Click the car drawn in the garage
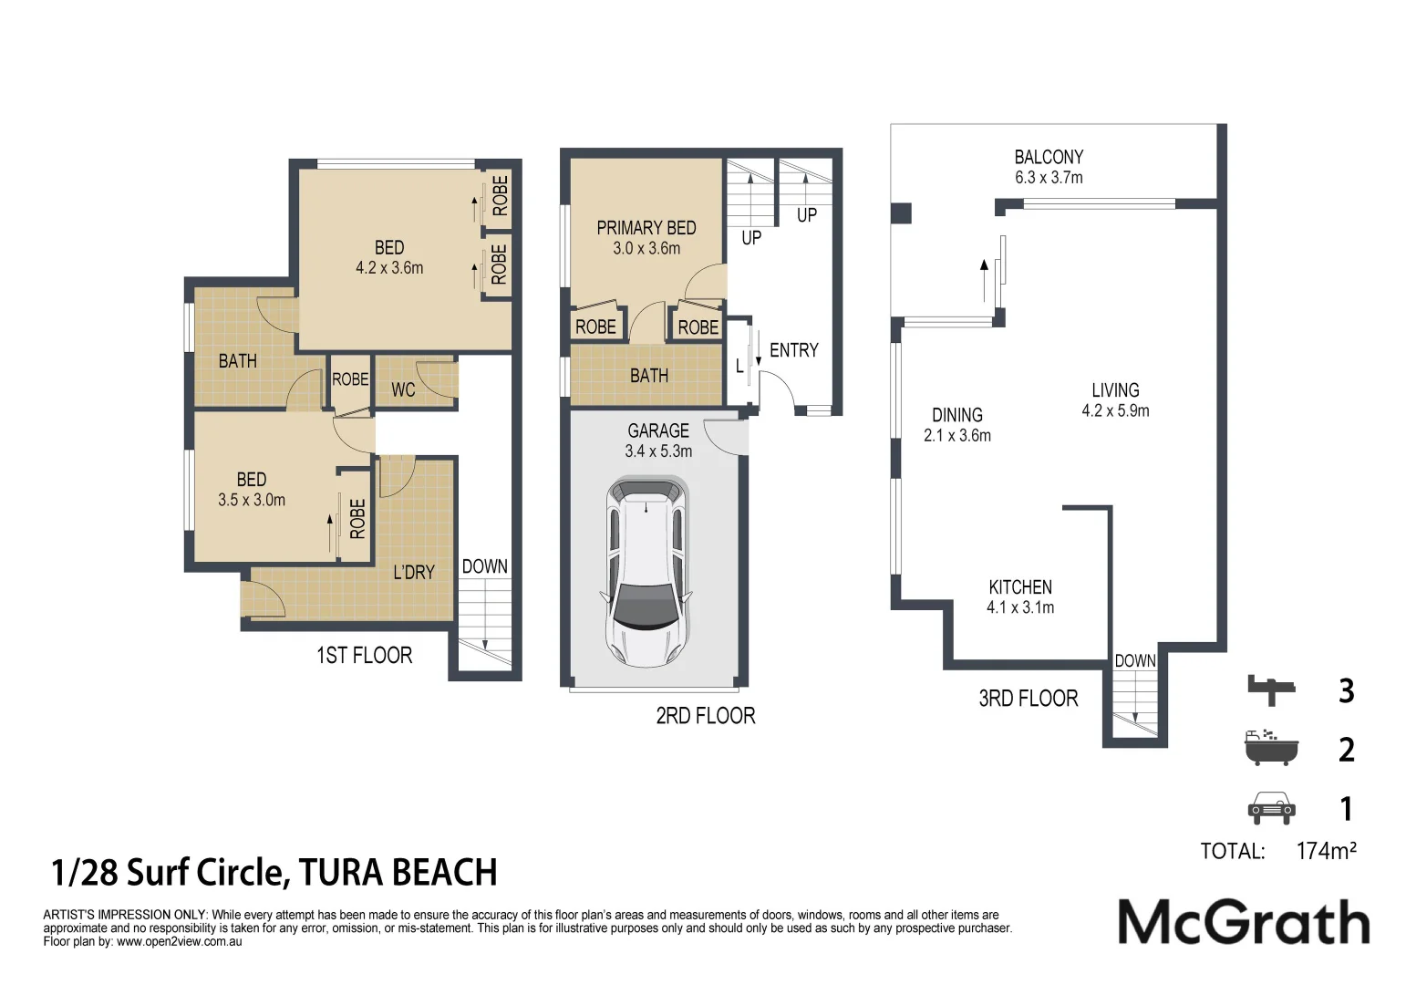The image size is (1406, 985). [x=646, y=572]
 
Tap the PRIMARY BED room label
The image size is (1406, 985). [x=646, y=237]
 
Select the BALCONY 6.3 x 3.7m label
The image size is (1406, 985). [x=1049, y=167]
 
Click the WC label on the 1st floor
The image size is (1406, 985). [x=403, y=390]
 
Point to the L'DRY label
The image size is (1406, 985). [x=414, y=573]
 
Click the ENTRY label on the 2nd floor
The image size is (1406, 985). [x=793, y=350]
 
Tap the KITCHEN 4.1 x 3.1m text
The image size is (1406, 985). [x=1020, y=596]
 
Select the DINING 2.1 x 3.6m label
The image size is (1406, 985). [x=956, y=425]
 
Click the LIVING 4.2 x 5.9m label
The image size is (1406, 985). [x=1115, y=399]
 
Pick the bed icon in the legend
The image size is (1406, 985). [x=1271, y=689]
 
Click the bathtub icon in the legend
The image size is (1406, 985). [x=1270, y=748]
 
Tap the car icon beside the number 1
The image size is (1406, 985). [x=1271, y=808]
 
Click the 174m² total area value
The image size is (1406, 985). [x=1326, y=851]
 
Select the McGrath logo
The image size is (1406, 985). [x=1244, y=922]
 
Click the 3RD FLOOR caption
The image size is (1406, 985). [x=1028, y=699]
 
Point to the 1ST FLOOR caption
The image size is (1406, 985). [x=364, y=656]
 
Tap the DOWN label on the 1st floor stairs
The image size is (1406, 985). [x=484, y=566]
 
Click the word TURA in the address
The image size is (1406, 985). [x=341, y=873]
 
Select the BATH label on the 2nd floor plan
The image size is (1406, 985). [x=648, y=376]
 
